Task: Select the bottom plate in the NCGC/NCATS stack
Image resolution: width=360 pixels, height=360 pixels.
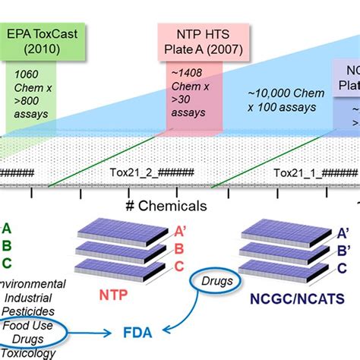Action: [284, 267]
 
